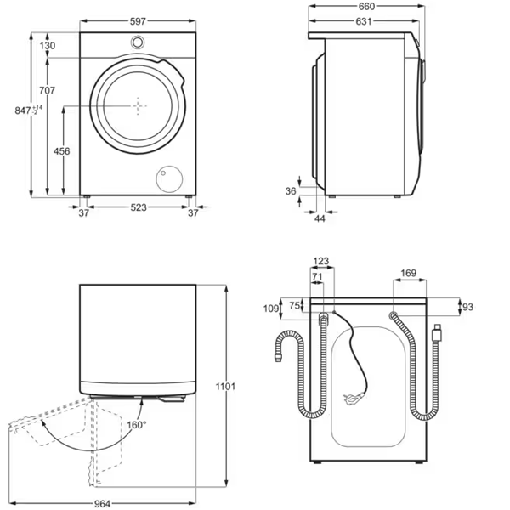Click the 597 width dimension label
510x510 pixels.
pos(138,21)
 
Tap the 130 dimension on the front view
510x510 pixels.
pos(48,46)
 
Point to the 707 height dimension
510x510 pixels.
pos(47,90)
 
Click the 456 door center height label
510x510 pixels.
pos(62,151)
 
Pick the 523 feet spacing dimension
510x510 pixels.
pos(139,207)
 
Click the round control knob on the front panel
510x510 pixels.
pos(138,42)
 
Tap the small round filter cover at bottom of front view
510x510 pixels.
pos(169,179)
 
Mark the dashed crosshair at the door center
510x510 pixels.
pos(138,106)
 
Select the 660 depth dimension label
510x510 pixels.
pos(367,7)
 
